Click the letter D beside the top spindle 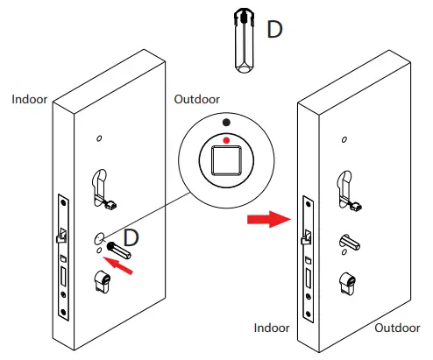pos(275,30)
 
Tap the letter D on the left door pos(131,236)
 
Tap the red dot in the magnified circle pos(227,139)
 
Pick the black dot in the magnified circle pos(227,123)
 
